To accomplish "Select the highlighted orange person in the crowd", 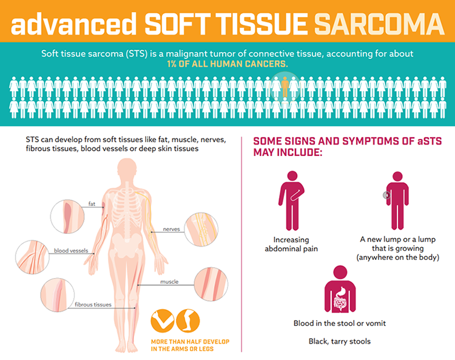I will [x=285, y=87].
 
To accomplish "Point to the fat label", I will [x=92, y=204].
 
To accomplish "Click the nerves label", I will [x=172, y=229].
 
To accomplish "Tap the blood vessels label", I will [x=71, y=250].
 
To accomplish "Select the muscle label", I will [x=169, y=282].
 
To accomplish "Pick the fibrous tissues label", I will [x=93, y=304].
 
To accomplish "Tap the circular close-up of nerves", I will [x=201, y=229].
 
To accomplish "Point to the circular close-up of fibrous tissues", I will [x=57, y=296].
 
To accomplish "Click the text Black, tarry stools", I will [x=340, y=341].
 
